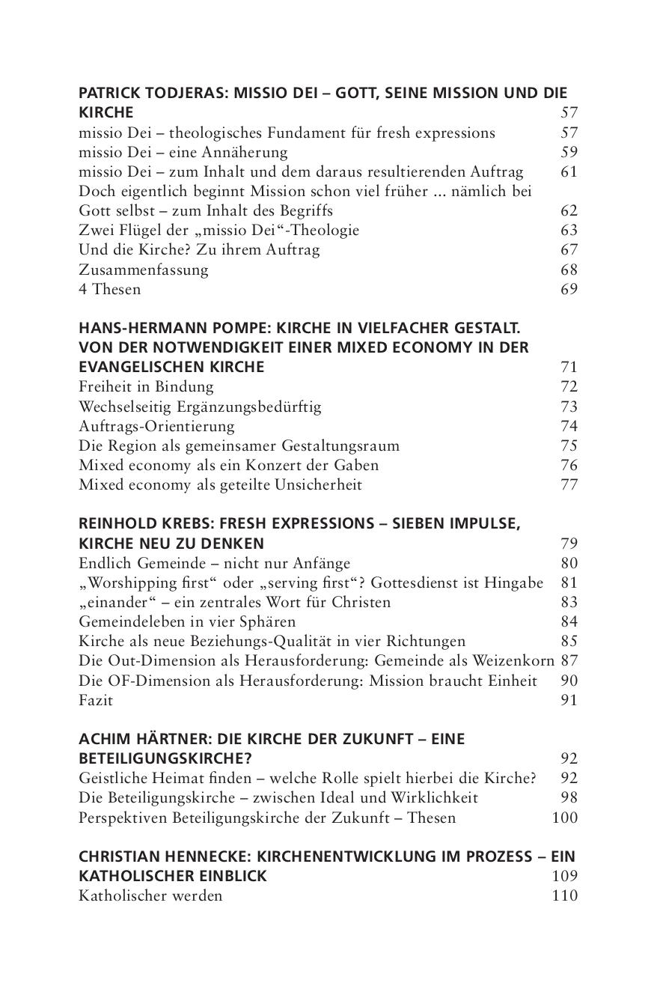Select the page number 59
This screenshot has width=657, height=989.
[569, 153]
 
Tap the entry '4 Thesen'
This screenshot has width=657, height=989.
[109, 289]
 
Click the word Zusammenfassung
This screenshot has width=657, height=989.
[144, 270]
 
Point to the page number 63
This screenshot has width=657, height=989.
[569, 231]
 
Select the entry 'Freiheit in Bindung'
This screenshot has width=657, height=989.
[146, 387]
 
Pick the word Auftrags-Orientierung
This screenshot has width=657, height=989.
[156, 426]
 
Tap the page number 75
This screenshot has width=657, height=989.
[569, 445]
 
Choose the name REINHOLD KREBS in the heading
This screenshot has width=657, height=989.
[136, 524]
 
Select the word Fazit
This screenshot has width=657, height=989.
[96, 701]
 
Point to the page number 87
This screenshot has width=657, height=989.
[569, 661]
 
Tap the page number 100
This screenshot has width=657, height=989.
[564, 818]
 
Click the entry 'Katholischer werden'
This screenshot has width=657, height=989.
[150, 895]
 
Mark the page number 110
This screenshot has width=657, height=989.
[564, 895]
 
